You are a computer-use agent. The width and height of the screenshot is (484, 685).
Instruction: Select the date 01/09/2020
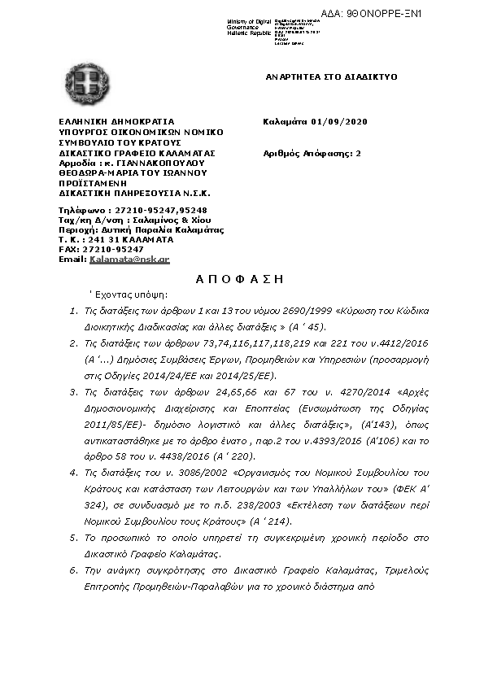(339, 122)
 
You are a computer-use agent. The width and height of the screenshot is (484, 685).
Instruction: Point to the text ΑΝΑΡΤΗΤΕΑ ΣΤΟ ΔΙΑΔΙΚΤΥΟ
(331, 76)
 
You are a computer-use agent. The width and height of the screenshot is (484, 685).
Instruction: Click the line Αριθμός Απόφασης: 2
(312, 153)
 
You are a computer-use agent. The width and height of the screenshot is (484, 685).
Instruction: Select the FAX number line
(101, 249)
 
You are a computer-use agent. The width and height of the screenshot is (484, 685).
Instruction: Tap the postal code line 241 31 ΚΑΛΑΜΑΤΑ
(115, 239)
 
